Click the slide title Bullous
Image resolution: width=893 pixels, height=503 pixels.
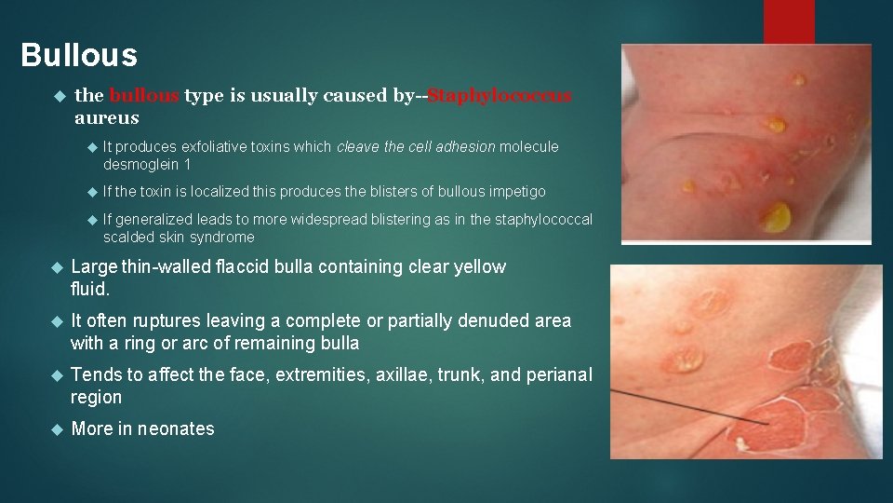pos(79,55)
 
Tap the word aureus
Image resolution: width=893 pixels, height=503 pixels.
pos(107,118)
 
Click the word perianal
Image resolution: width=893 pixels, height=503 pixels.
pos(557,374)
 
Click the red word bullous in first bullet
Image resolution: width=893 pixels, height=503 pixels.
pos(144,96)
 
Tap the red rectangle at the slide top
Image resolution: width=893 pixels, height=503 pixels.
pos(788,20)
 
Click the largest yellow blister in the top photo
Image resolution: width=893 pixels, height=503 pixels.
pos(774,217)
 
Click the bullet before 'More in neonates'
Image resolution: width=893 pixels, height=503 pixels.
pos(55,429)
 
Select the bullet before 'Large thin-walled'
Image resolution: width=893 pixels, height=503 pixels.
pos(55,268)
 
